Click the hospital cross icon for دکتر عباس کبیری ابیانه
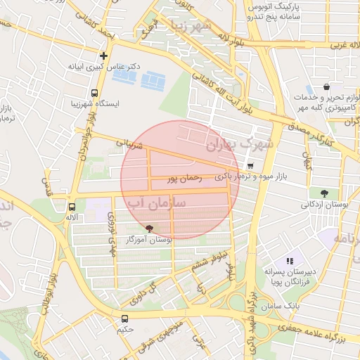click(x=104, y=55)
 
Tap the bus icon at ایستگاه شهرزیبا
click(x=95, y=93)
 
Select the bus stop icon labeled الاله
click(x=71, y=207)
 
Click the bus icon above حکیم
click(x=125, y=319)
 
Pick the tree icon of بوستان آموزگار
click(x=148, y=228)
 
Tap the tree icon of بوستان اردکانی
click(x=323, y=193)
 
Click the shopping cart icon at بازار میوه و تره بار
click(x=251, y=167)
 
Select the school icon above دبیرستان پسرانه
click(x=290, y=261)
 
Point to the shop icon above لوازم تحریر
click(x=327, y=87)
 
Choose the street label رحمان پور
click(x=183, y=179)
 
